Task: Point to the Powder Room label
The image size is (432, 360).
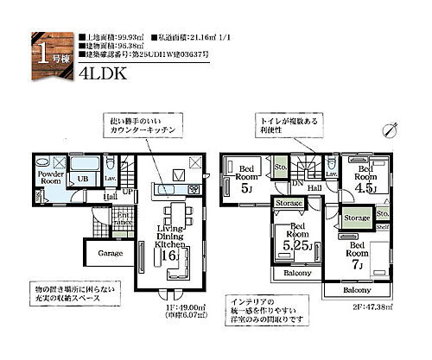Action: coord(51,179)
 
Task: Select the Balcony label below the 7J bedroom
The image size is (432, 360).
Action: coord(356,290)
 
